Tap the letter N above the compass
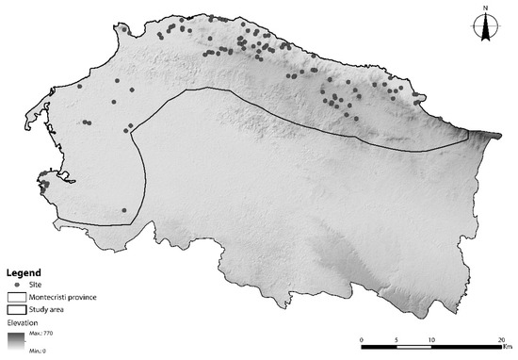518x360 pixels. pos(485,9)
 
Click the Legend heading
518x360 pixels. pos(24,272)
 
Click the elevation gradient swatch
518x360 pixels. pos(19,341)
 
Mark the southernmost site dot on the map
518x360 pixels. pos(123,210)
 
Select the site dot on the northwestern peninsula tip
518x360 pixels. pos(123,29)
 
